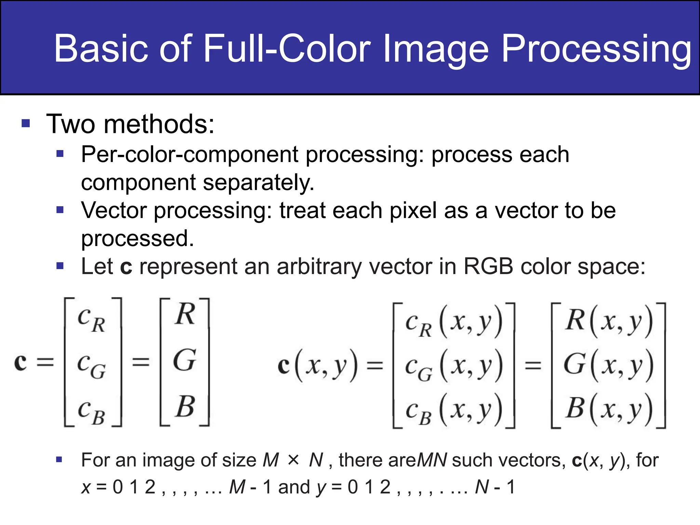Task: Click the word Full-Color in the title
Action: (287, 49)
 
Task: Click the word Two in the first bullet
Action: (71, 124)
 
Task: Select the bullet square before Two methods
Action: (26, 123)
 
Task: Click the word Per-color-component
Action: (190, 154)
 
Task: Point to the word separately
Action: (258, 183)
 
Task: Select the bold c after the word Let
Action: (126, 267)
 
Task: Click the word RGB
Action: (488, 266)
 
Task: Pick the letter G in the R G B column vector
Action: (185, 360)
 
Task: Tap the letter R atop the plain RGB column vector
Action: (185, 314)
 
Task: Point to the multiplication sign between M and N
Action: (294, 460)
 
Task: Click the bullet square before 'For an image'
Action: (59, 459)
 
